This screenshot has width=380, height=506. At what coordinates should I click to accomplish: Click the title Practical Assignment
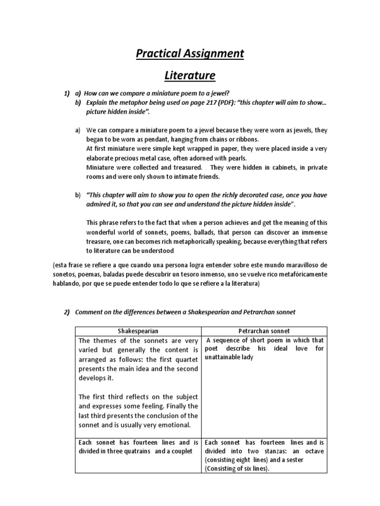[190, 53]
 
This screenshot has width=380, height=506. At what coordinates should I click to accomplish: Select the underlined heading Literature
[190, 76]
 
